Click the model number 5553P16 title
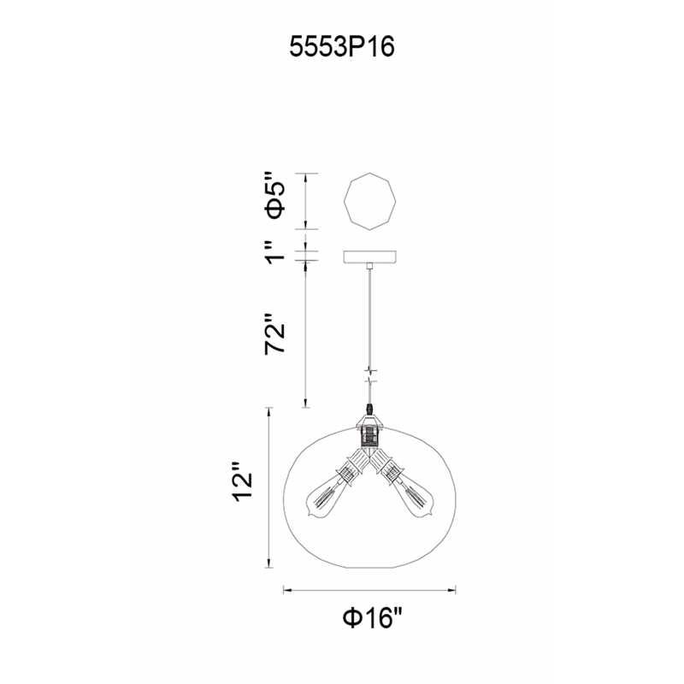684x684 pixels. click(x=341, y=47)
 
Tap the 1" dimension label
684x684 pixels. click(x=275, y=251)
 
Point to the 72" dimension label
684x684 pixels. click(x=275, y=333)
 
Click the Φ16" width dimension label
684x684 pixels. click(x=371, y=617)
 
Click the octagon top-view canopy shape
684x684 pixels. click(x=370, y=201)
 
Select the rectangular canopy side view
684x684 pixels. click(x=370, y=257)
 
